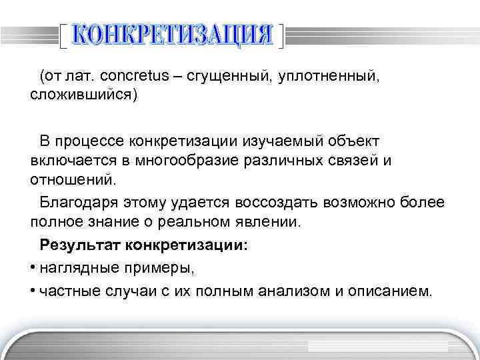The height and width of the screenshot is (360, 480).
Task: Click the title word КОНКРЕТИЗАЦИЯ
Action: pos(172,34)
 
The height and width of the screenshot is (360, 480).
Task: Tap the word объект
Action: pos(355,141)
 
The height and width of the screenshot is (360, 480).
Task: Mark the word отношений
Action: pos(72,179)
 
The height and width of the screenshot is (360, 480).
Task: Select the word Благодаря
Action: pos(75,201)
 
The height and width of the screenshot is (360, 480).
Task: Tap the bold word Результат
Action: pos(78,245)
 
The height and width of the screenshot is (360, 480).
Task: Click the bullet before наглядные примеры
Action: pos(33,268)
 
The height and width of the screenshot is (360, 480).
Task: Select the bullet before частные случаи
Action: pos(33,291)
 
